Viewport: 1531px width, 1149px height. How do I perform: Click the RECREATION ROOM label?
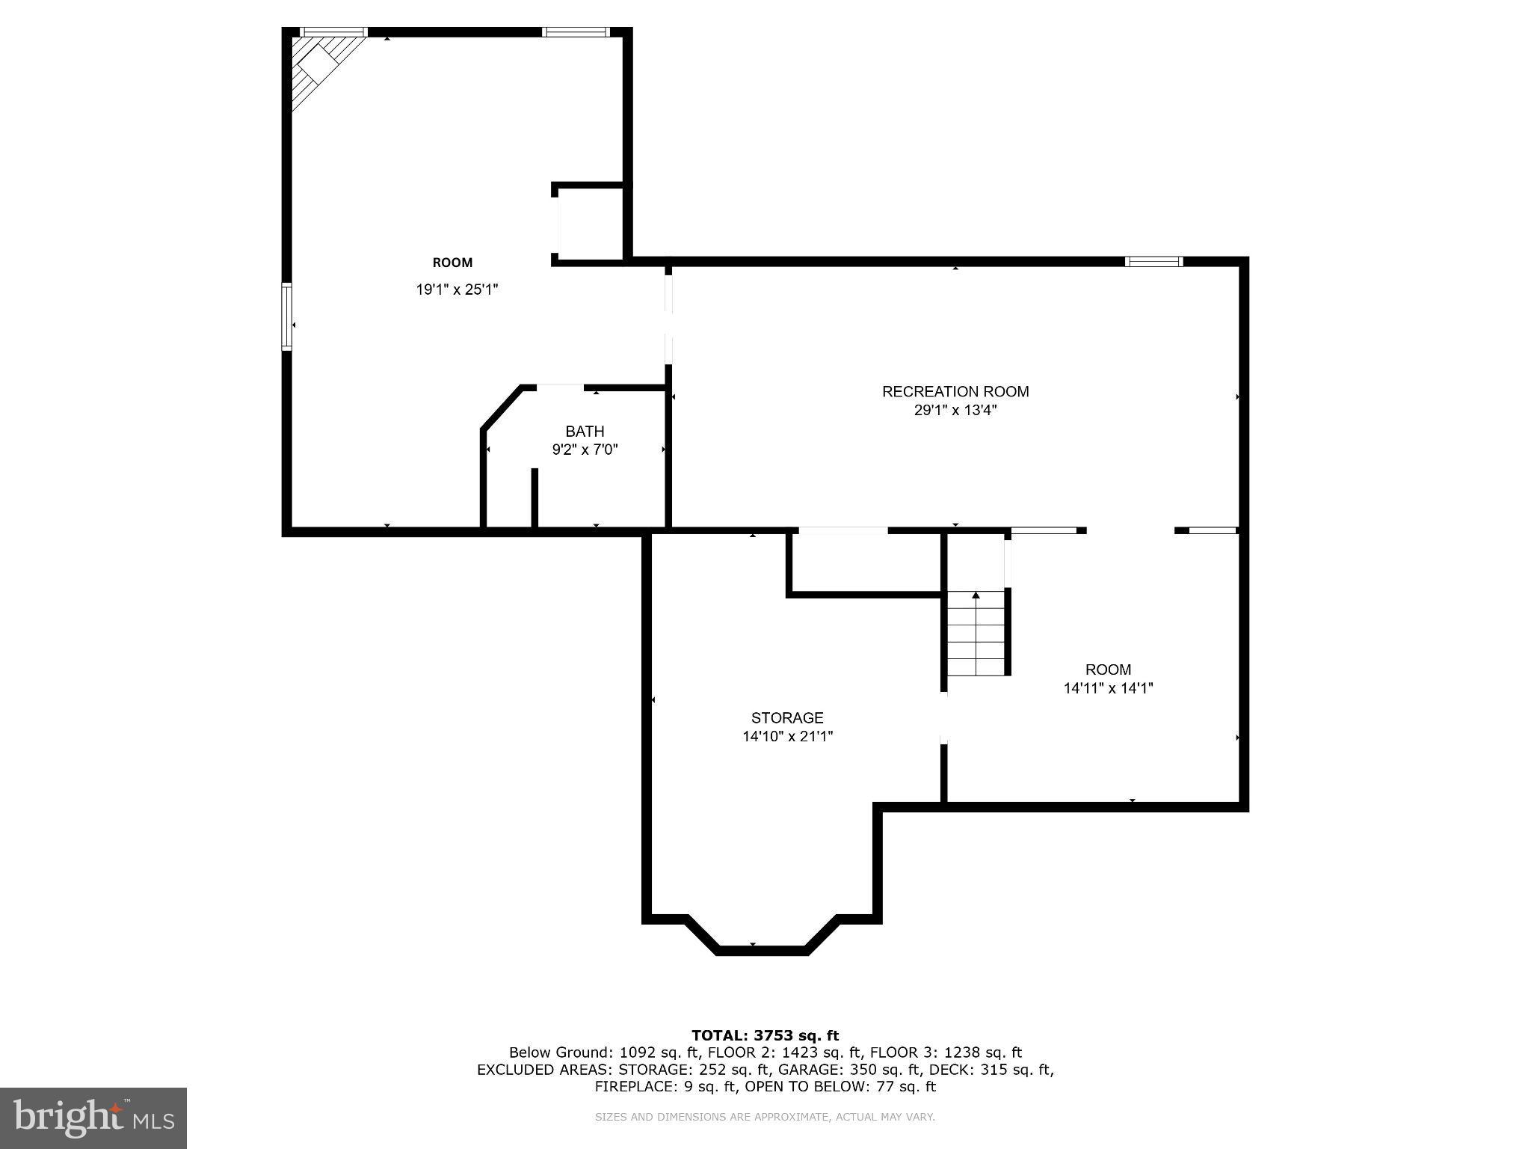coord(955,391)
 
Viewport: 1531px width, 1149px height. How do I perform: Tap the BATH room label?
coord(585,431)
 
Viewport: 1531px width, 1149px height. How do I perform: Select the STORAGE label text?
coord(787,717)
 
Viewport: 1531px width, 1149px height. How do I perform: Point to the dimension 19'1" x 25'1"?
coord(457,289)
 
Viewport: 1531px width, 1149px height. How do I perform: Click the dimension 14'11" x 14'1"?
coord(1108,688)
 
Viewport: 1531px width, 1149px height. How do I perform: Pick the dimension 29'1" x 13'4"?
coord(955,411)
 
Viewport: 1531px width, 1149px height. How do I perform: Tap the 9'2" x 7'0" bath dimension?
coord(585,450)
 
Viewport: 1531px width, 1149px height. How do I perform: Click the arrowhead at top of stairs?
coord(976,595)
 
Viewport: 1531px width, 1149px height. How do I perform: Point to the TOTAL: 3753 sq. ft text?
coord(765,1035)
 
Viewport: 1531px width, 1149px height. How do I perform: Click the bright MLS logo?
coord(93,1118)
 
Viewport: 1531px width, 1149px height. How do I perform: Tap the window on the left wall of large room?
coord(286,316)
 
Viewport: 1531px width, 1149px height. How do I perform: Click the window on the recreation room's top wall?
coord(1153,261)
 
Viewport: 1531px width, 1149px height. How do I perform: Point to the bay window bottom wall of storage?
coord(762,950)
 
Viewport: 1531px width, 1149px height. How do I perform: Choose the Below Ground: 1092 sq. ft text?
coord(604,1053)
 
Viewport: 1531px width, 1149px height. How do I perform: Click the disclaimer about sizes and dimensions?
coord(765,1117)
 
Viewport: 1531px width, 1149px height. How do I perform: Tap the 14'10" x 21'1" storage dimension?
coord(787,736)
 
